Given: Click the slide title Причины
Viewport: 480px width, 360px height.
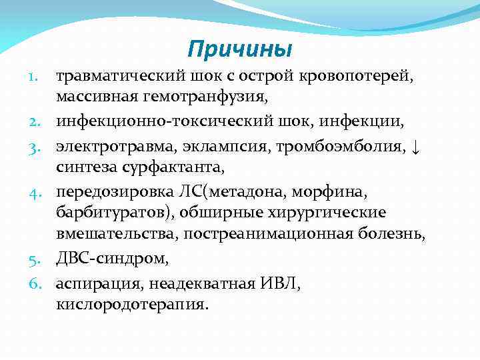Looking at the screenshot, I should [x=240, y=49].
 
